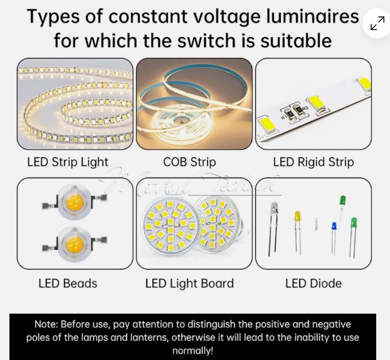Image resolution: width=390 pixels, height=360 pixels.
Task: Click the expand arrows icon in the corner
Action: tap(377, 24)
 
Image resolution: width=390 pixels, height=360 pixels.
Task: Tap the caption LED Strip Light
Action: tap(68, 162)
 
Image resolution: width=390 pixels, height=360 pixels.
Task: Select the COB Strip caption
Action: tap(189, 162)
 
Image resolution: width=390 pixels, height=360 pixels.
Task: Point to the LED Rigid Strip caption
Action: tap(314, 162)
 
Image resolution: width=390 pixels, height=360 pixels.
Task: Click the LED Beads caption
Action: tap(68, 283)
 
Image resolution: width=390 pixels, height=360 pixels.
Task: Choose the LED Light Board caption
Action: tap(189, 283)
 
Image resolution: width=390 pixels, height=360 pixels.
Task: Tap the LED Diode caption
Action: tap(314, 283)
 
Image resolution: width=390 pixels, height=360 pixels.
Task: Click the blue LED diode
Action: tap(334, 227)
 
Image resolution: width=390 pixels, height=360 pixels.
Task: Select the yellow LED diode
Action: tap(298, 217)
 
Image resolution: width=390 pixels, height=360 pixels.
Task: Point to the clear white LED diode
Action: tap(274, 208)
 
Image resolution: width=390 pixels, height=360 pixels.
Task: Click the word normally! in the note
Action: tap(192, 351)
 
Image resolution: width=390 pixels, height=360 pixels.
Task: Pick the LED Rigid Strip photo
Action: tap(314, 104)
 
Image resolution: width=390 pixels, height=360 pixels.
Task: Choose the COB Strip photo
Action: tap(194, 104)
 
